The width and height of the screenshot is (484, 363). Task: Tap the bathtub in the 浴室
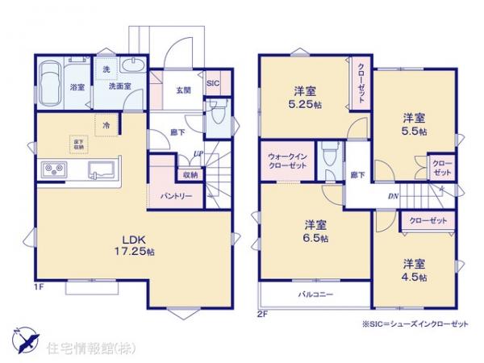click(x=50, y=81)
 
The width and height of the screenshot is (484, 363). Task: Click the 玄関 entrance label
click(x=181, y=90)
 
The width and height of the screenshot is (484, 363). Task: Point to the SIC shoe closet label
click(x=213, y=83)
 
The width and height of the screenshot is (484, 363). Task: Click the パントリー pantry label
click(x=174, y=195)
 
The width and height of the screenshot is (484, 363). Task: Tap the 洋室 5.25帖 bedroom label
click(x=305, y=97)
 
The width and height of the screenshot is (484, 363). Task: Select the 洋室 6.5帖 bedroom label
click(x=316, y=231)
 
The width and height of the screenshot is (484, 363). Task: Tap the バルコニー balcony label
click(x=315, y=294)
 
